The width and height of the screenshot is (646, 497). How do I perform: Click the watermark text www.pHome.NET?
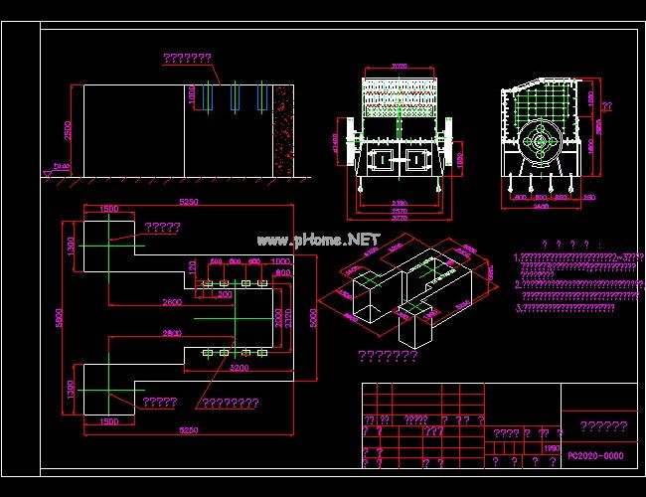coord(318,240)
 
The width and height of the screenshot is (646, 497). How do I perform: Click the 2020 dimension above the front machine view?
coord(398,68)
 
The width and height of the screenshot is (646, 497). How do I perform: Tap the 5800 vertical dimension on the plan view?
coord(59,316)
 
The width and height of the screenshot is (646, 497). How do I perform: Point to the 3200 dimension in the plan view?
coord(241,367)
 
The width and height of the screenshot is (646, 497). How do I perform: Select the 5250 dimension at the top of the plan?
coord(188,202)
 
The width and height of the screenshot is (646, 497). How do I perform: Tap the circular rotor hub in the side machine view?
coord(540,141)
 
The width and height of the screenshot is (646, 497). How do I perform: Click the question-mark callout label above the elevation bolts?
coord(187,59)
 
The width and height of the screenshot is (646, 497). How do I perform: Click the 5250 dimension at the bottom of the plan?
coord(188,430)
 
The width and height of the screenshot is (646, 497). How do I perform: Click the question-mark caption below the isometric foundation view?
coord(388,356)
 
